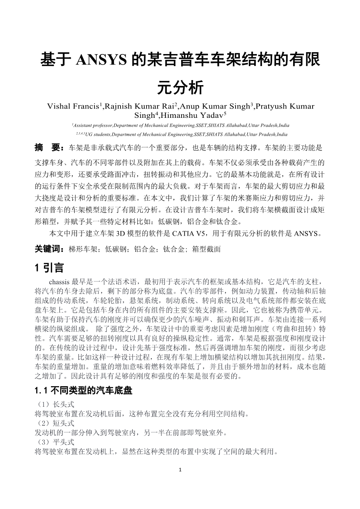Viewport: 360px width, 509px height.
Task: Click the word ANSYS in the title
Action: point(101,60)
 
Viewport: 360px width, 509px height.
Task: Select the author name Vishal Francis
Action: point(72,106)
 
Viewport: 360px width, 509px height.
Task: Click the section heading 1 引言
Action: point(49,268)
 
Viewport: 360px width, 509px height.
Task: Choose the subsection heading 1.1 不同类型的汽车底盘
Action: point(83,391)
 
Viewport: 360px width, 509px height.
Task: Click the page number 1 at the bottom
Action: point(180,469)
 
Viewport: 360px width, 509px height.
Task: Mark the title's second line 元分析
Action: point(180,88)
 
